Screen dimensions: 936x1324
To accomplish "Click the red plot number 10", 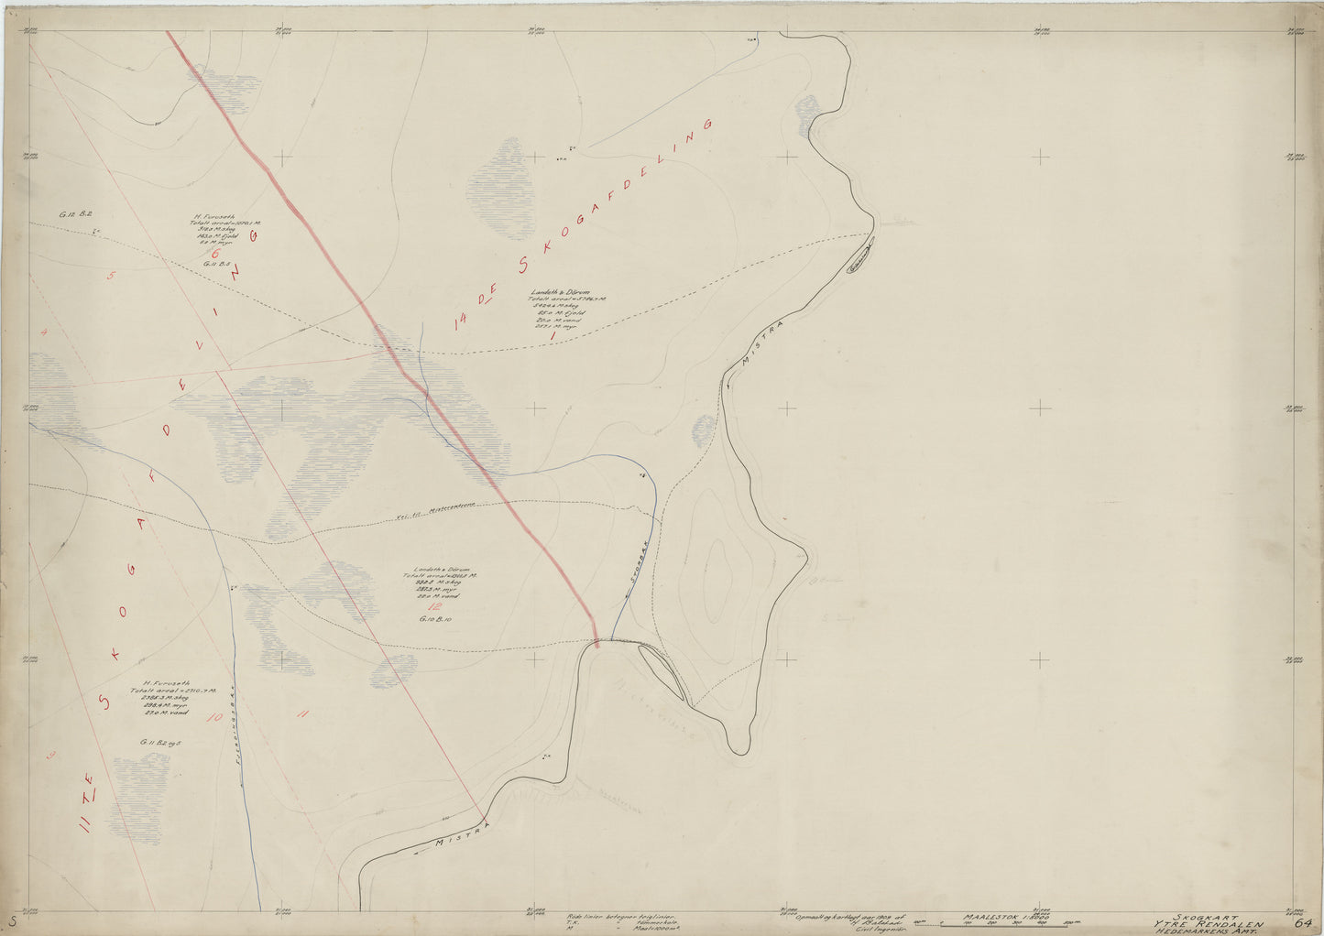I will [x=213, y=718].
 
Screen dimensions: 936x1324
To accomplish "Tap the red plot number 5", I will [x=111, y=275].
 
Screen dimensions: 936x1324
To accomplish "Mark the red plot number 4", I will [x=44, y=332].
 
